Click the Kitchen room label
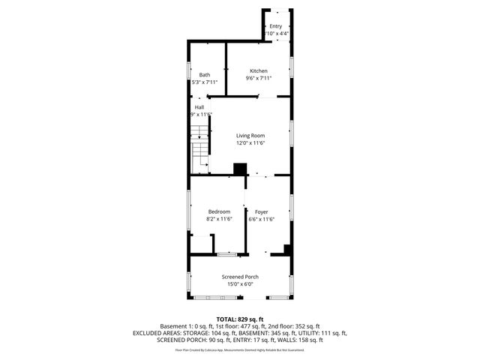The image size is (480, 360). pyautogui.click(x=258, y=71)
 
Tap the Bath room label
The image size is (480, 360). pyautogui.click(x=205, y=74)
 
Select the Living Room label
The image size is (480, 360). pyautogui.click(x=251, y=136)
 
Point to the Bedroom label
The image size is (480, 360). pyautogui.click(x=219, y=211)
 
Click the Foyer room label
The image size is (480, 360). pyautogui.click(x=261, y=211)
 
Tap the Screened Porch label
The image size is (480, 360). pyautogui.click(x=240, y=277)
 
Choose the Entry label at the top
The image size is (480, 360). pyautogui.click(x=276, y=27)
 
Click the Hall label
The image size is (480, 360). pyautogui.click(x=199, y=107)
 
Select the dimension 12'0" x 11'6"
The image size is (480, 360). pyautogui.click(x=251, y=143)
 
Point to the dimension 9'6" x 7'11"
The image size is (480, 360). pyautogui.click(x=258, y=78)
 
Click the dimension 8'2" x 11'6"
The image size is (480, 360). pyautogui.click(x=220, y=219)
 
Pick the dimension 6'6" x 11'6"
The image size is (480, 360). pyautogui.click(x=261, y=219)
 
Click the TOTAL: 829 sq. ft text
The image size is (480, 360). pyautogui.click(x=240, y=319)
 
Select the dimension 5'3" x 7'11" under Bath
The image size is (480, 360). pyautogui.click(x=205, y=81)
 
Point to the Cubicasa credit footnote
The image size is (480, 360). pyautogui.click(x=240, y=349)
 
